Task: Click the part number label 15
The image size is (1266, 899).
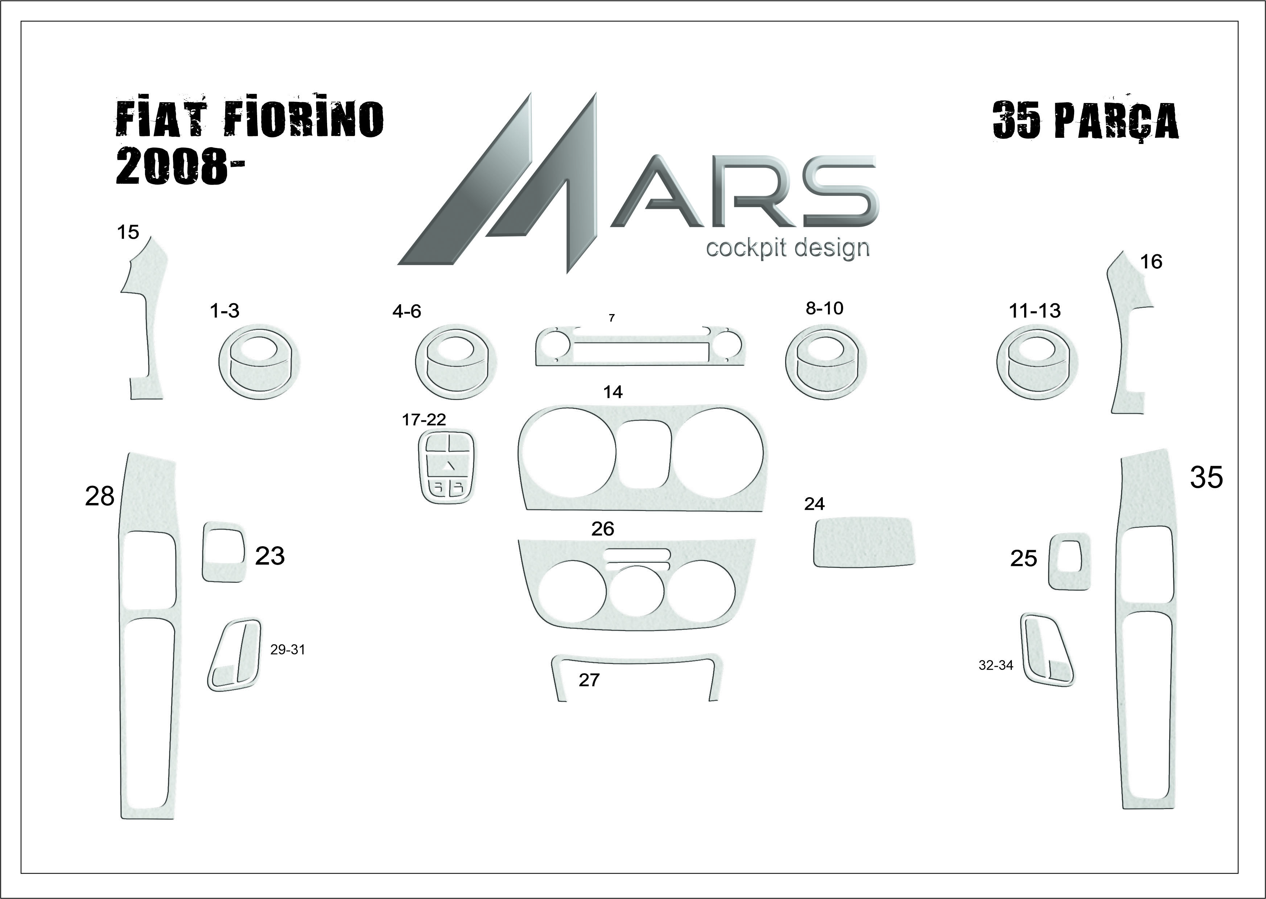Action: point(128,232)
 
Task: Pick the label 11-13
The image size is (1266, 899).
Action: point(1035,311)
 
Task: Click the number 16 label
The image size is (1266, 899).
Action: point(1151,262)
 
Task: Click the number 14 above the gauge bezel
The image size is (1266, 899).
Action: point(613,392)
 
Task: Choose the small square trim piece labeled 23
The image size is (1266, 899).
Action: point(224,551)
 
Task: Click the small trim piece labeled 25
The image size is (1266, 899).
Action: point(1069,561)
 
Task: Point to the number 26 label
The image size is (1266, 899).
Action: point(603,529)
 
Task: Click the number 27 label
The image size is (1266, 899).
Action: point(589,680)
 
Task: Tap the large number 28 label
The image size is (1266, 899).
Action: point(100,496)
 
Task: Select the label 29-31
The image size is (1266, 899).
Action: point(287,650)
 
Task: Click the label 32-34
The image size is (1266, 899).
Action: point(996,665)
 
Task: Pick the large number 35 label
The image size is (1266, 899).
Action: point(1207,477)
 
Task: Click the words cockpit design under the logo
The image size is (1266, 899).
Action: point(788,248)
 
